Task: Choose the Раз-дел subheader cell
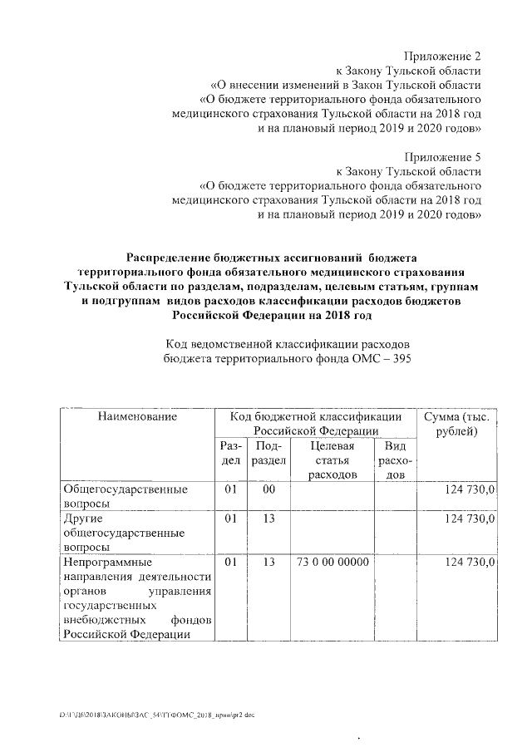point(232,453)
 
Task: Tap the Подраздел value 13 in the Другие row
point(268,519)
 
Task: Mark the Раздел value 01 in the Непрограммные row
point(232,563)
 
